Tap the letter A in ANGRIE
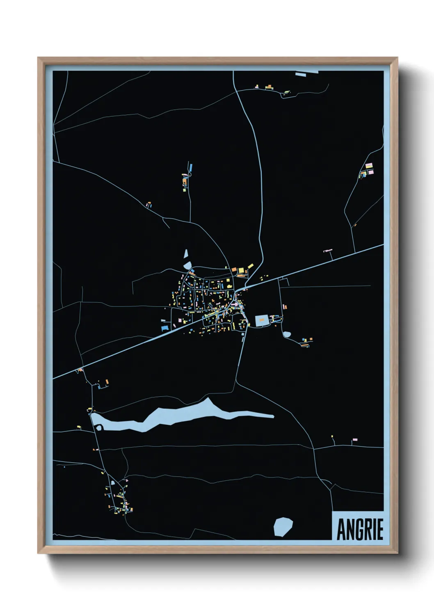341,530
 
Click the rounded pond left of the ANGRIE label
283,527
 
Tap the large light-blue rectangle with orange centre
261,320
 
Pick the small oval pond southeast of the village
287,334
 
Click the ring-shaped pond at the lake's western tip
99,428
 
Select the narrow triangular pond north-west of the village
186,254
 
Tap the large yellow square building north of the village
241,270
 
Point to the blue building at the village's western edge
165,327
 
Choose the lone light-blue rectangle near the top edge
301,75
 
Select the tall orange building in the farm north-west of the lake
107,382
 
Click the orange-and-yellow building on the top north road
269,87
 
